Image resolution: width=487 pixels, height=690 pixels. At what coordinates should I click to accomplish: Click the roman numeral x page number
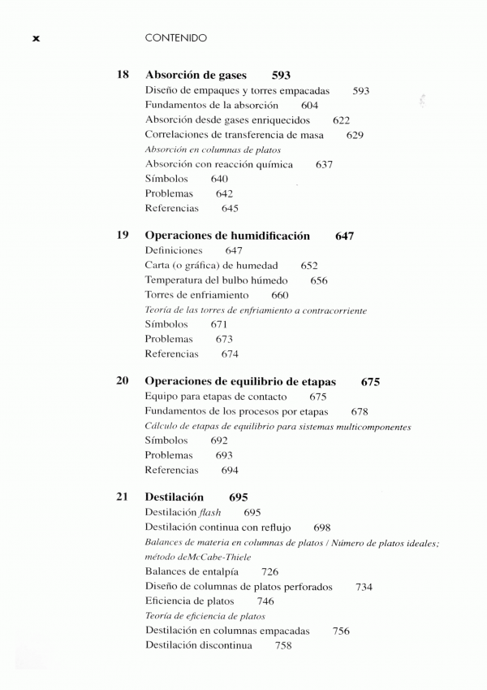(36, 38)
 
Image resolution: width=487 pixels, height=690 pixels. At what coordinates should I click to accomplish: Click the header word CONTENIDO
(175, 37)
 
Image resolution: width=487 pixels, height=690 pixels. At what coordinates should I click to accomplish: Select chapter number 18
(123, 76)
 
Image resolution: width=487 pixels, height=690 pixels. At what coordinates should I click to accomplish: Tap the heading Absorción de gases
(196, 76)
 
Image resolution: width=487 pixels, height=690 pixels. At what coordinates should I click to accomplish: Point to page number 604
(309, 106)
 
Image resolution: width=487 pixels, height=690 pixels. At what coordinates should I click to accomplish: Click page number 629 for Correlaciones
(355, 135)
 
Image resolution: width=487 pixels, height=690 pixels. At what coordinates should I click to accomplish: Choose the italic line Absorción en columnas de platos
(213, 150)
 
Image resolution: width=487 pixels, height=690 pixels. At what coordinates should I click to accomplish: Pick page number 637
(325, 164)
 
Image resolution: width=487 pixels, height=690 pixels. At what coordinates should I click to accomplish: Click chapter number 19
(123, 236)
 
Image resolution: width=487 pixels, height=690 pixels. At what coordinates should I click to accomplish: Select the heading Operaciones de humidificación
(227, 236)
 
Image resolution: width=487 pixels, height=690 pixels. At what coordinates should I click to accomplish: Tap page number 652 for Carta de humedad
(309, 266)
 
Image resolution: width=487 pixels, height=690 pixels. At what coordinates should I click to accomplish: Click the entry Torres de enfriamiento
(197, 295)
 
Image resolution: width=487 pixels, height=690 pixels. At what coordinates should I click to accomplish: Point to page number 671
(218, 324)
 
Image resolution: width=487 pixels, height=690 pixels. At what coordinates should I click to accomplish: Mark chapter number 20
(123, 382)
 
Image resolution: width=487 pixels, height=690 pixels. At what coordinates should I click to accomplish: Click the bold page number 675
(371, 382)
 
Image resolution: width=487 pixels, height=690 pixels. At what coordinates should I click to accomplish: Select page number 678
(360, 412)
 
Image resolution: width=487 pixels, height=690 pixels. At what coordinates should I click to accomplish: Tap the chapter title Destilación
(175, 497)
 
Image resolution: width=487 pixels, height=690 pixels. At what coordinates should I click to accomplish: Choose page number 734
(364, 587)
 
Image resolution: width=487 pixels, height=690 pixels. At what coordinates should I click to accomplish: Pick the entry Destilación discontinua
(199, 645)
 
